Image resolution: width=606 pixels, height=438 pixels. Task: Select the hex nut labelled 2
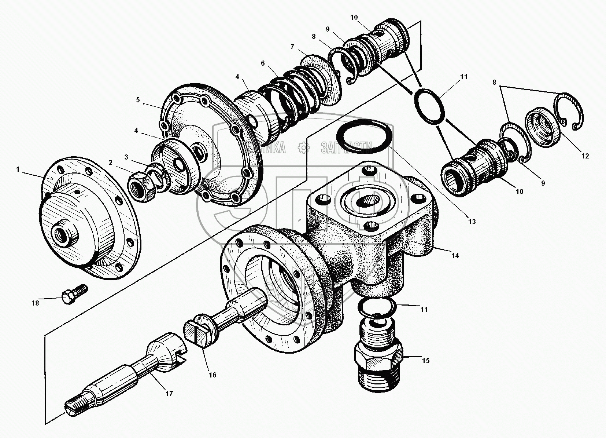point(141,184)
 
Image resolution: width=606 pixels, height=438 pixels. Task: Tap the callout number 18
point(35,303)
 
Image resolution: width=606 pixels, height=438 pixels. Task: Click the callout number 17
point(169,394)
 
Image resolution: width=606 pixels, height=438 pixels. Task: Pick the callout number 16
point(212,375)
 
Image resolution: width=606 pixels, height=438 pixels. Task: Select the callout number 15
point(425,361)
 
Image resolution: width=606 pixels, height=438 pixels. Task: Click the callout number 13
point(472,221)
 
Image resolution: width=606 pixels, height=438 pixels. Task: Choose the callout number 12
point(585,156)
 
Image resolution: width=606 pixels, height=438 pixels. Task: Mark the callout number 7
point(292,47)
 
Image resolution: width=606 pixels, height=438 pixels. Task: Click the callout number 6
point(263,63)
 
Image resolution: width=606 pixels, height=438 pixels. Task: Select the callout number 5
point(138,100)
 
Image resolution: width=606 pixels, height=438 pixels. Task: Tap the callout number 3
point(126,157)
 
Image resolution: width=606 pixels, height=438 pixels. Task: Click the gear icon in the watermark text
point(303,147)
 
